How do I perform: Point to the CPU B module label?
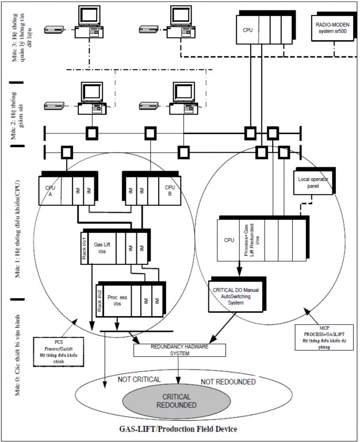tap(170, 190)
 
